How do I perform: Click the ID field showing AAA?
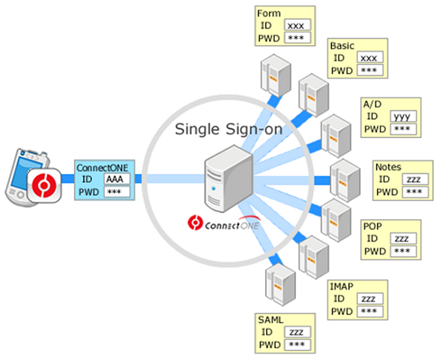coord(117,178)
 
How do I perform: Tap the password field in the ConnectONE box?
coord(117,192)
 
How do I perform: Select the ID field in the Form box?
coord(297,25)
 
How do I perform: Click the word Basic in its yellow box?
coord(342,46)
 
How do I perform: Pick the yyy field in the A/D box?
coord(403,116)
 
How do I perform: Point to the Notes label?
coord(388,167)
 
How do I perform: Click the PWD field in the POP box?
coord(403,251)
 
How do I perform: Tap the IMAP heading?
coord(342,286)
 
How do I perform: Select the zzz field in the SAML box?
coord(297,331)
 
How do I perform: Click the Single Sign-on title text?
coord(228,129)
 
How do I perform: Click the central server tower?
coord(228,178)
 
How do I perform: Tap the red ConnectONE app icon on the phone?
coord(44,185)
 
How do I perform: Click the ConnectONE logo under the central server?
coord(224,223)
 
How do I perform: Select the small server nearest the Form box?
coord(276,76)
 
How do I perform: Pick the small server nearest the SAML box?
coord(280,284)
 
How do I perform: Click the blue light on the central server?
coord(214,188)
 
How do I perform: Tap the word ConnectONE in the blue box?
coord(103,168)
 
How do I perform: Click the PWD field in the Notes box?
coord(415,192)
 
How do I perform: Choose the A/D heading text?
coord(372,104)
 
